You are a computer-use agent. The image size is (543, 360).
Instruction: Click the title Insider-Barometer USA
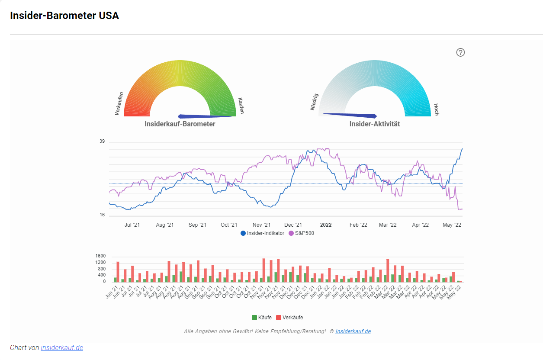point(64,16)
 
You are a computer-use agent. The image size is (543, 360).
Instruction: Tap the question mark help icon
point(460,52)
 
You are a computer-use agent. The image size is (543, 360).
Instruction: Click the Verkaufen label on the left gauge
point(119,103)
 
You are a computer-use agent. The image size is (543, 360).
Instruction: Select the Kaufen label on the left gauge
point(241,106)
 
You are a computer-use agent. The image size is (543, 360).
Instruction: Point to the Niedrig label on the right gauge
point(314,101)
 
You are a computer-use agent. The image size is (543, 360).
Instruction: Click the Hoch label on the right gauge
point(436,109)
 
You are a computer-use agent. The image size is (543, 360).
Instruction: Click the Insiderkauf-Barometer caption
point(180,124)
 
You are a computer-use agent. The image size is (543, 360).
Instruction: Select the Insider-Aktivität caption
point(374,124)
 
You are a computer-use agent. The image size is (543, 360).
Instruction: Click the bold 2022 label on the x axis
point(325,225)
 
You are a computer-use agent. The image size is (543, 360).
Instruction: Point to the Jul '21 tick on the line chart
point(132,225)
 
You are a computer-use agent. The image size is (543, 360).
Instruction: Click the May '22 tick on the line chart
point(452,225)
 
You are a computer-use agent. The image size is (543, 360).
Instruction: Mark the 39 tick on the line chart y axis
point(102,141)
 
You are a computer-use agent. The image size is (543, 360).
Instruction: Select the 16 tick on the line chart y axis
point(102,215)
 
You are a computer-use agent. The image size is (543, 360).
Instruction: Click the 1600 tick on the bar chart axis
point(100,256)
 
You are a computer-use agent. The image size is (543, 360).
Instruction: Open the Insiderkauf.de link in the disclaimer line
point(353,331)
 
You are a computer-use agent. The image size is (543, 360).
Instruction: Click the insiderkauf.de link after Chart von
point(62,347)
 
